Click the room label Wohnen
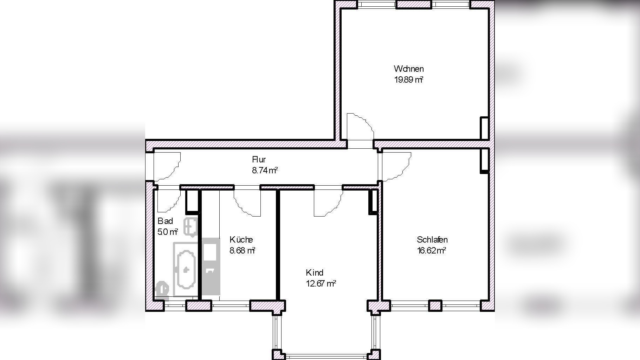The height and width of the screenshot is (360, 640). pos(409,69)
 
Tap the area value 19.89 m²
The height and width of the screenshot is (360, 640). pos(409,79)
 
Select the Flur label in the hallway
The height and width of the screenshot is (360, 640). pos(259,159)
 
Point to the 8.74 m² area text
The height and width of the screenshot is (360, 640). pos(265,171)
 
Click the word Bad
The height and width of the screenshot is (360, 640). pos(165,221)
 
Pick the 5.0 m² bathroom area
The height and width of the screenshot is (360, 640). pos(168,232)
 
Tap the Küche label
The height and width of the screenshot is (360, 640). pos(241,240)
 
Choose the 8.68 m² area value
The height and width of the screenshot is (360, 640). pos(242,251)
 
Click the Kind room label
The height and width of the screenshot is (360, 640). pos(315,272)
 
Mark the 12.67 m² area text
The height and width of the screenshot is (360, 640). pos(321,283)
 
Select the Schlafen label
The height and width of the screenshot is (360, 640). pos(432,240)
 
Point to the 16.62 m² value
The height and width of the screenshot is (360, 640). pos(432,251)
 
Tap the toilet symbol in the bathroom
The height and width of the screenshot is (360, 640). pos(162,290)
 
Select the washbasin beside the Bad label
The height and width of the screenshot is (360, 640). pos(191,226)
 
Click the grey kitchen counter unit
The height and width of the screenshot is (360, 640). pos(211,266)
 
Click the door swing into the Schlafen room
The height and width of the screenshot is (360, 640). pos(396,167)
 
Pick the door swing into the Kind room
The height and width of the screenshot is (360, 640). pos(328,202)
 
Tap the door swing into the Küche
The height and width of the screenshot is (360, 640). pos(247,202)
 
